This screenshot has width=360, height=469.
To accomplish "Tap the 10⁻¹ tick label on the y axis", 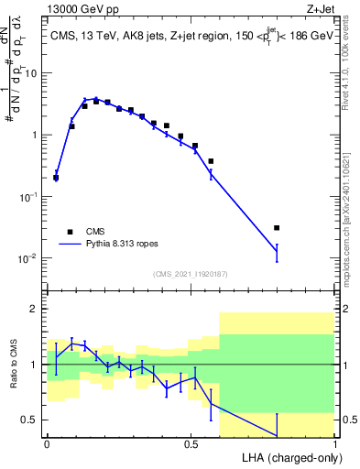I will [x=29, y=196].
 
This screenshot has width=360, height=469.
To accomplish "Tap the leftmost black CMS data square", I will [x=56, y=178].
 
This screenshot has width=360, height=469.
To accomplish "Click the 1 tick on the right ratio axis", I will [x=346, y=365].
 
